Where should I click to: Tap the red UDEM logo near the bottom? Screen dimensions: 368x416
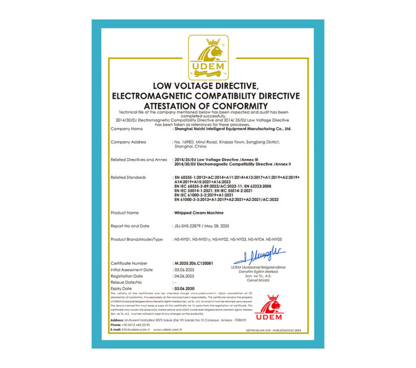(x=269, y=307)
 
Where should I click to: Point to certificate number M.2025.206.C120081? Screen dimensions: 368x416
(x=194, y=264)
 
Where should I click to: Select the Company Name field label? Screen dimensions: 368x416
(x=127, y=129)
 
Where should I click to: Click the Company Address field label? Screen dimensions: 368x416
(x=128, y=142)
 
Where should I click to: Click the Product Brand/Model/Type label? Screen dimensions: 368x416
(x=136, y=239)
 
